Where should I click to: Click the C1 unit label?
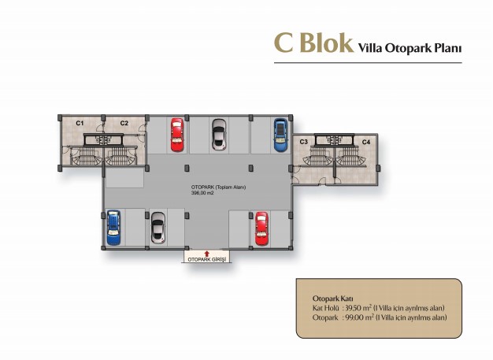point(80,123)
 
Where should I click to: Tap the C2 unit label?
point(124,123)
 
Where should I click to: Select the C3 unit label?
point(304,142)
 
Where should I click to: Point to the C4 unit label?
point(366,142)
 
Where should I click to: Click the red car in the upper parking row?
point(177,135)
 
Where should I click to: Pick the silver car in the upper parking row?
point(219,135)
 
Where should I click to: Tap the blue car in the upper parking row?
point(280,135)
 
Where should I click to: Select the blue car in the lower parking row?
point(113,228)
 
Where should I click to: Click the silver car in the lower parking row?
point(158,228)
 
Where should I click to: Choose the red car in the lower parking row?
point(261,228)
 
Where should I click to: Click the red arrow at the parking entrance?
point(206,254)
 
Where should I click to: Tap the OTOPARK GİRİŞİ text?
point(207,260)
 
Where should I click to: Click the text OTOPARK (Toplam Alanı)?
point(218,187)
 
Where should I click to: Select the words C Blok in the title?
point(313,43)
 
